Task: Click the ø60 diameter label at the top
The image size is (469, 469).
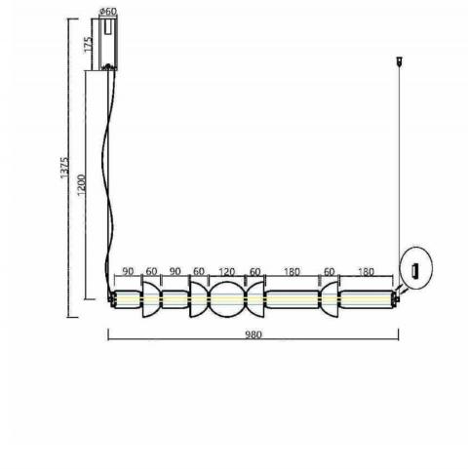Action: [x=107, y=12]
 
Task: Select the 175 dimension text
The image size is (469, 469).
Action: [x=89, y=45]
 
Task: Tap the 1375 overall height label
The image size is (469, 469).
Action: [x=64, y=168]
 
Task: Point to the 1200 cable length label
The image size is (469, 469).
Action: [x=81, y=185]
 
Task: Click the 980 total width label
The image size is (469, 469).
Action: [x=254, y=334]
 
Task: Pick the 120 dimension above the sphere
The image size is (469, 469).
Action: [x=226, y=272]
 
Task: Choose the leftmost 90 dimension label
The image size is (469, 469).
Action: [x=128, y=271]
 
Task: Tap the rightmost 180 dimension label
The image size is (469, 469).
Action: [x=366, y=272]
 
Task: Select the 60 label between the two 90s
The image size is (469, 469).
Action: [x=151, y=271]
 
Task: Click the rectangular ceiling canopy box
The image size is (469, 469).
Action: [x=108, y=44]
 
